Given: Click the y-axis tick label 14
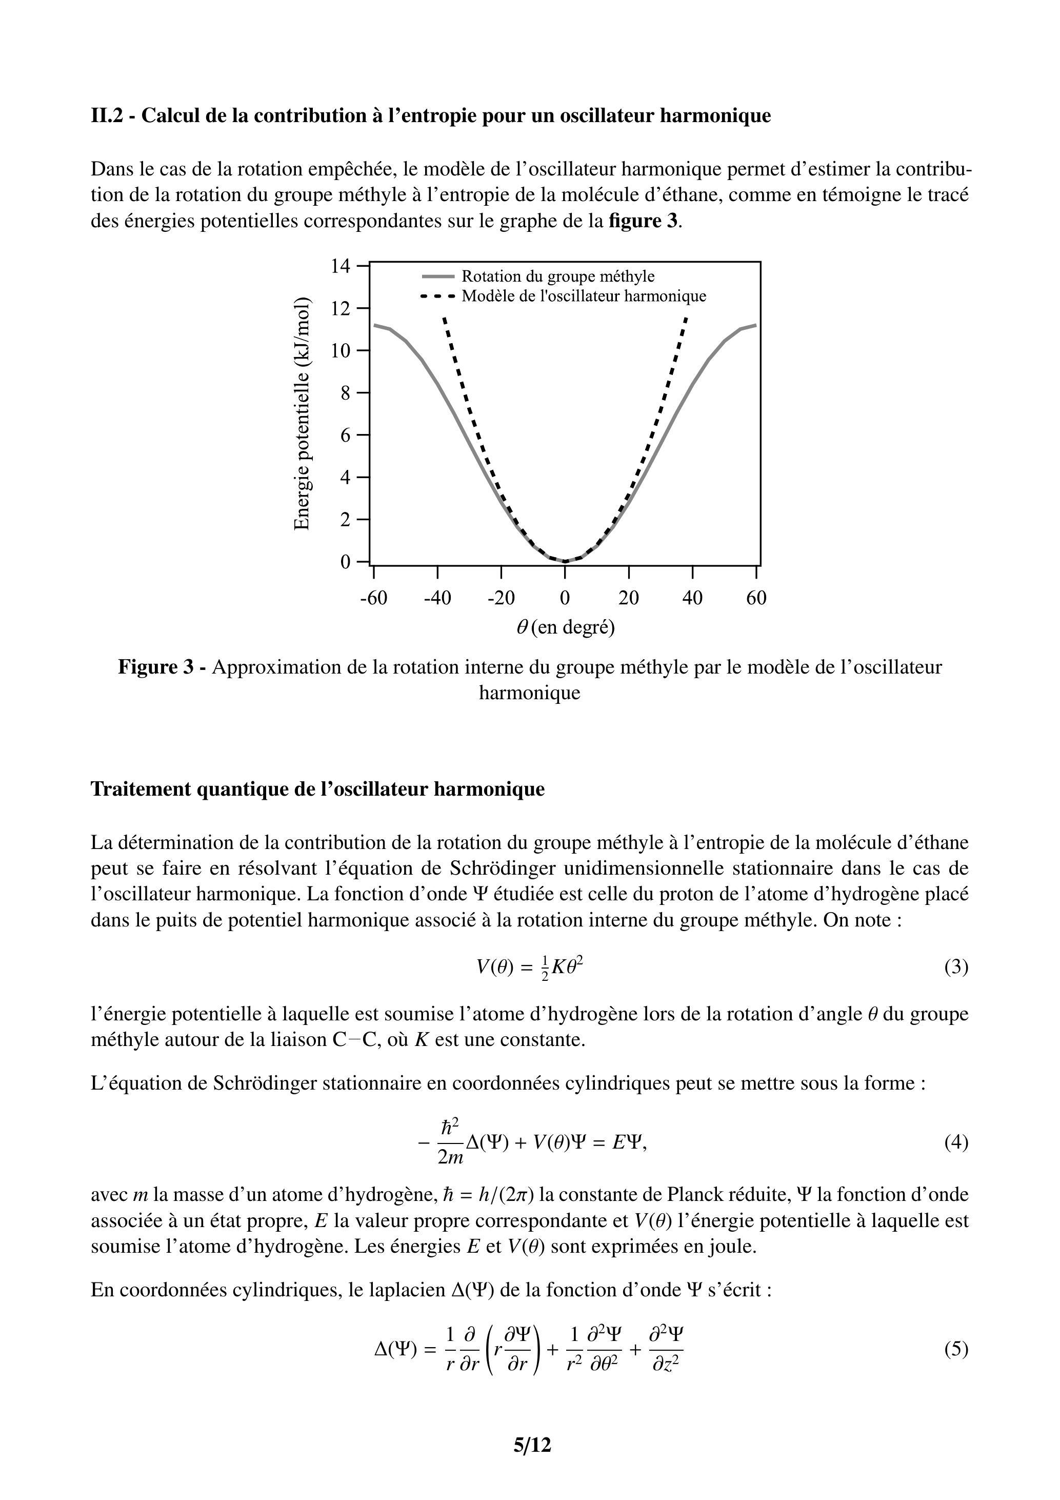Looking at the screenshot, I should [341, 266].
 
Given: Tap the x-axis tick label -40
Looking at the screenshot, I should [437, 598].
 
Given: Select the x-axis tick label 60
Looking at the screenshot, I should [756, 598].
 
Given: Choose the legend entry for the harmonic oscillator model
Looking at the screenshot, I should [583, 296].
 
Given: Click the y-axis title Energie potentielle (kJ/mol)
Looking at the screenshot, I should [301, 413].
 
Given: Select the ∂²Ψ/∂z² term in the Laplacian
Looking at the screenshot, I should [666, 1349].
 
